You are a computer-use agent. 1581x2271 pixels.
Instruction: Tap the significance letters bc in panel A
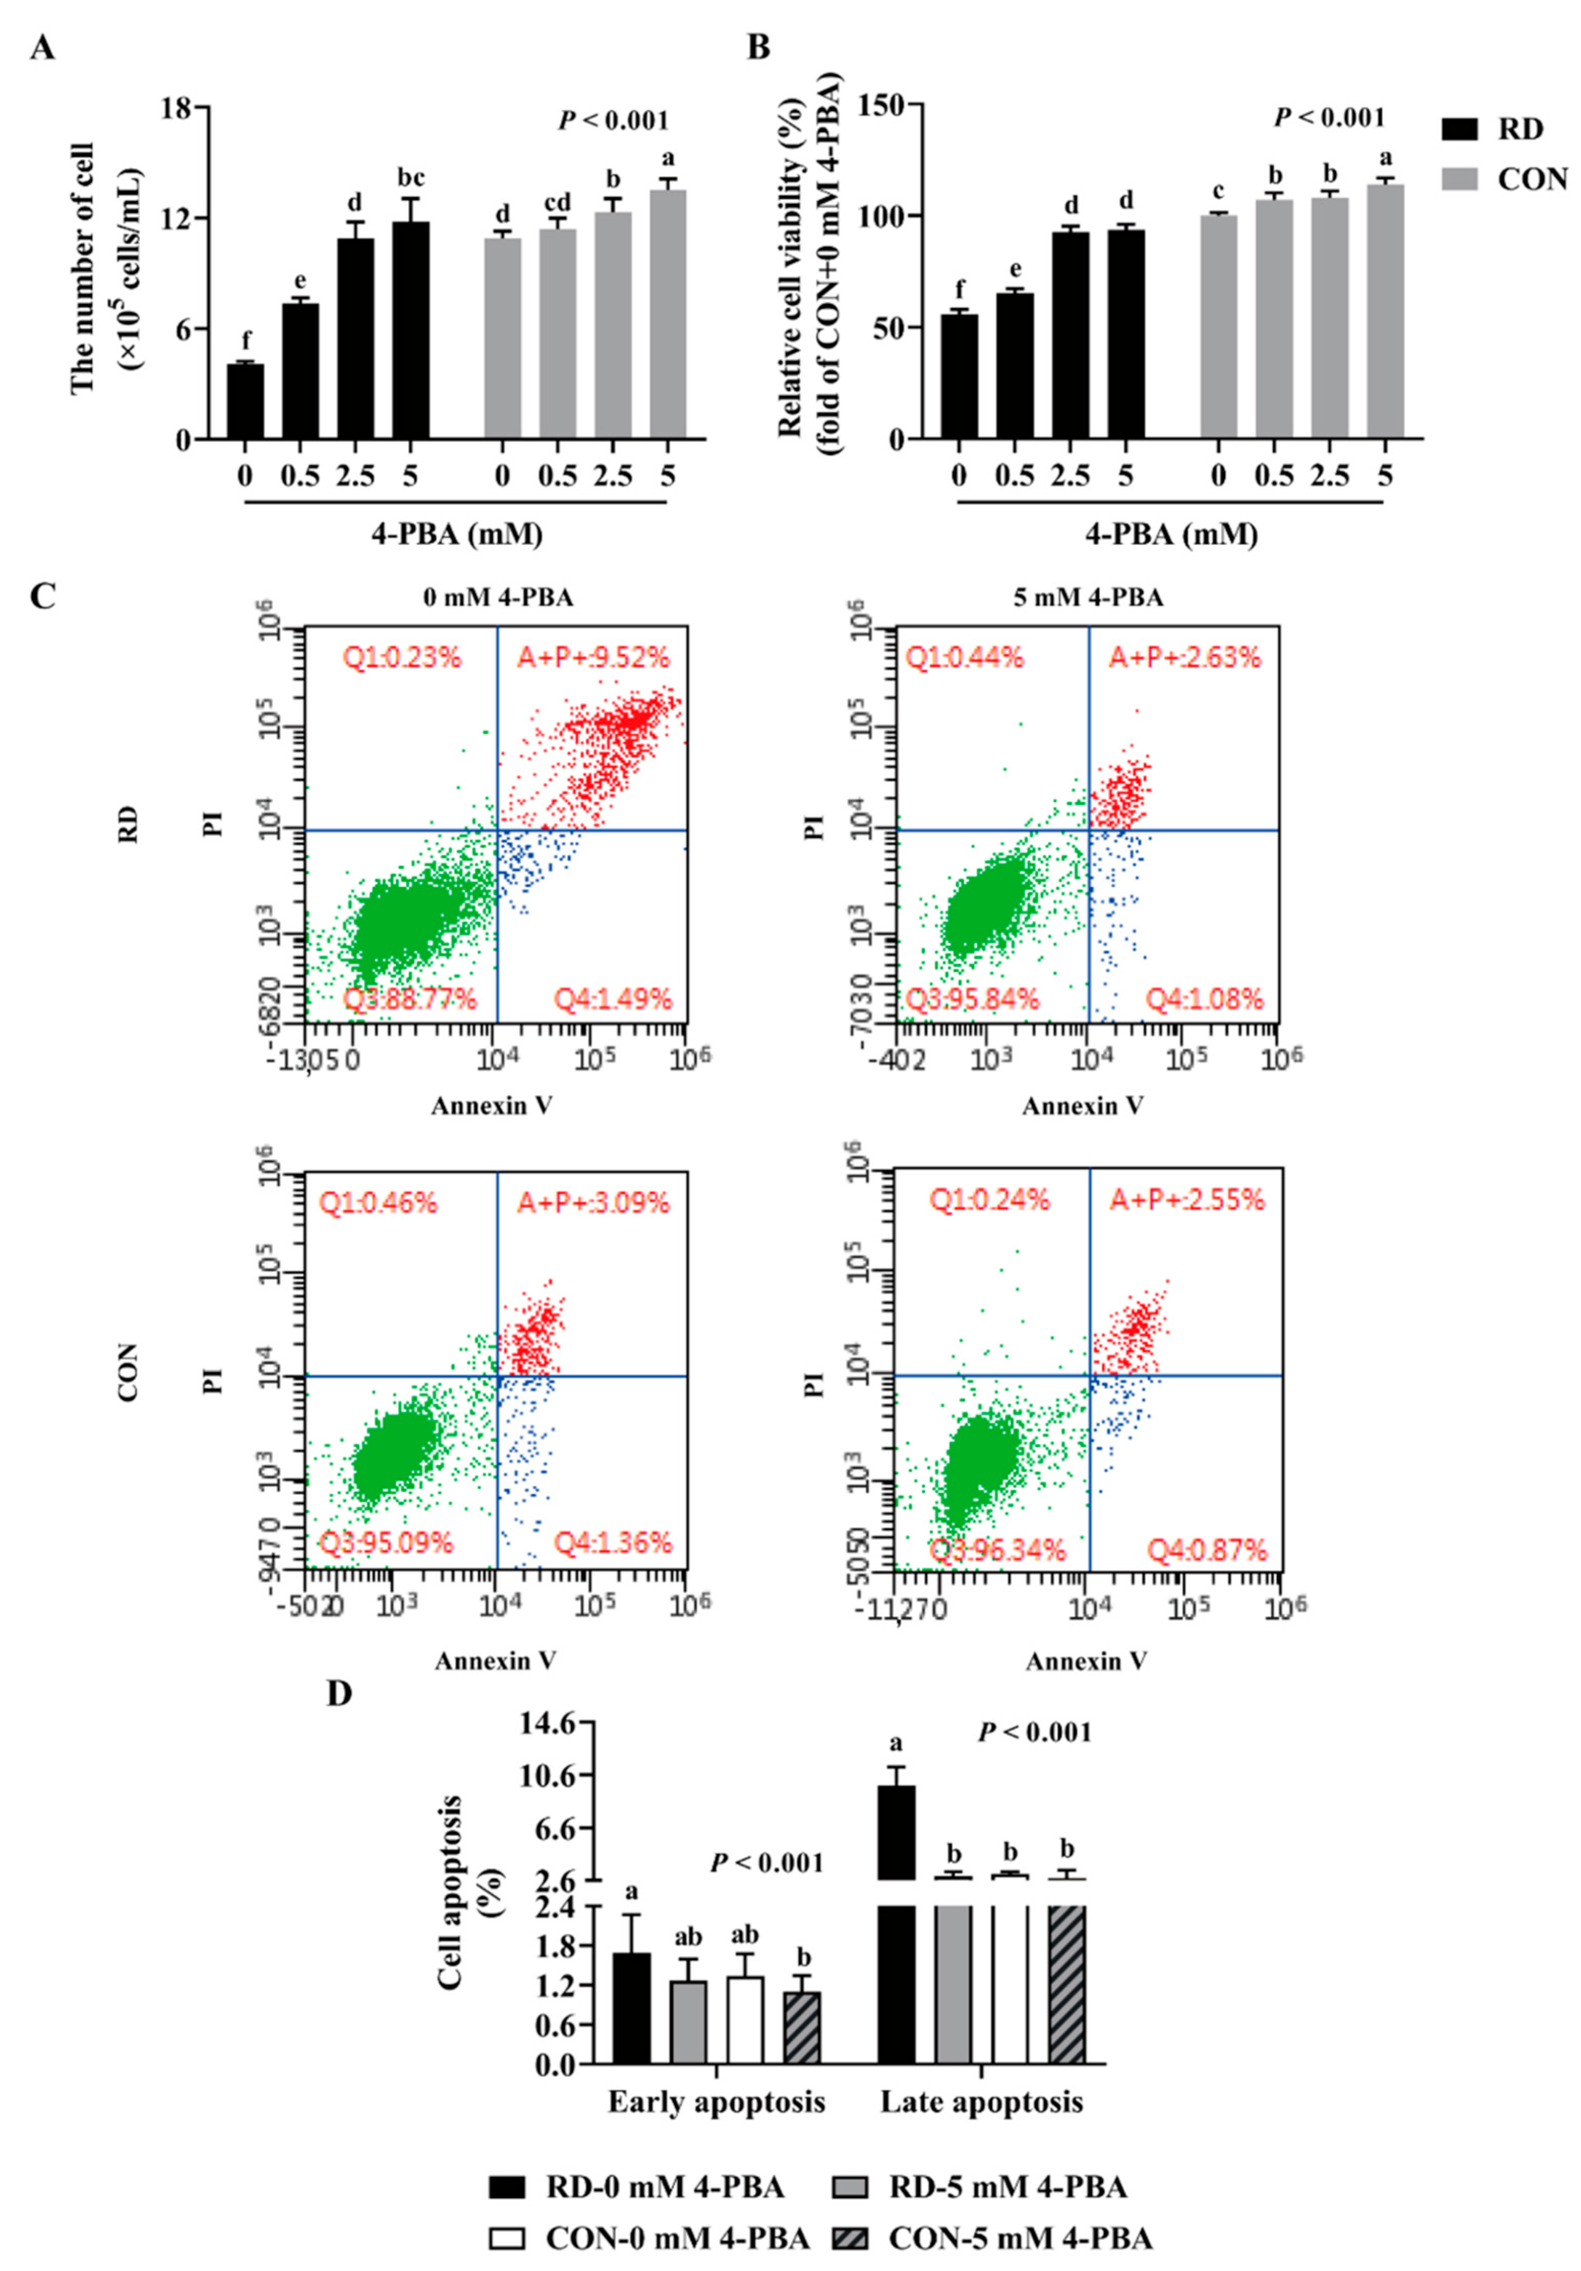(x=411, y=178)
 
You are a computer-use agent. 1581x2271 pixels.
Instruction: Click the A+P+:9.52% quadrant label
(x=594, y=657)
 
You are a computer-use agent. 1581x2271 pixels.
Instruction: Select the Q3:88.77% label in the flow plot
(x=410, y=999)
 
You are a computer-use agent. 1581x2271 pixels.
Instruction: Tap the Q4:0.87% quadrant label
(x=1206, y=1550)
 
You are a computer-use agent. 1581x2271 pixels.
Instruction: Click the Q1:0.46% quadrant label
(x=378, y=1203)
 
